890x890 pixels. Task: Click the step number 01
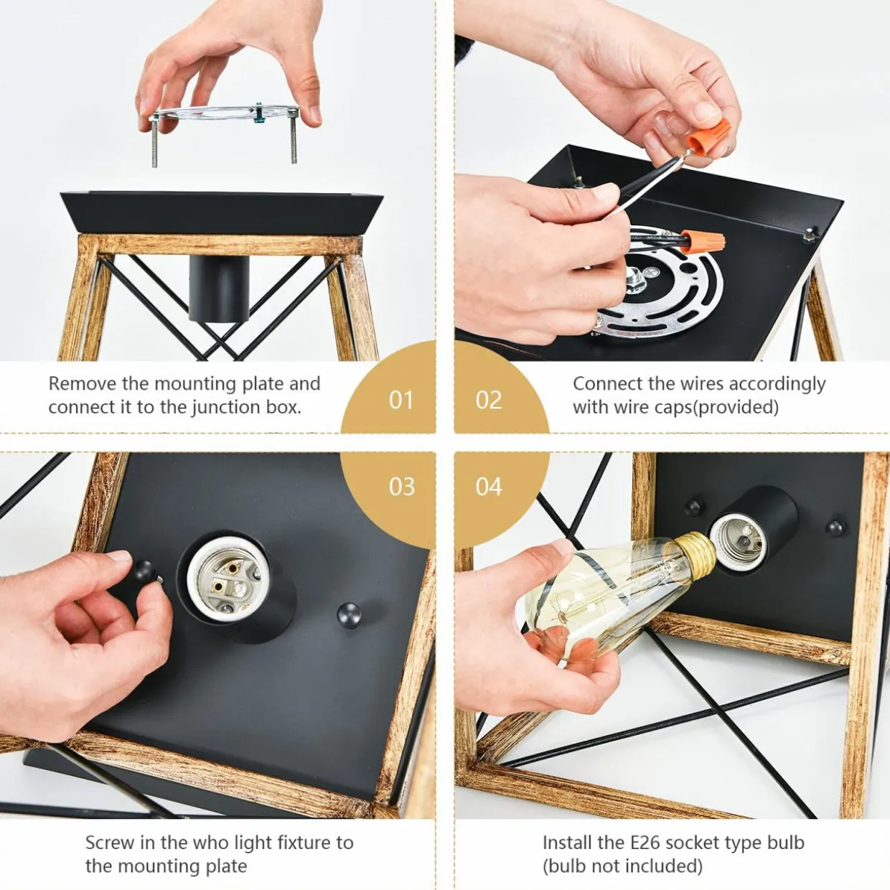400,400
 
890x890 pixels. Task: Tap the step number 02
488,400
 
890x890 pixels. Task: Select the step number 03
401,487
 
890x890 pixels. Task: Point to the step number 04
489,487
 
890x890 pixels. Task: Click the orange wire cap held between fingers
707,134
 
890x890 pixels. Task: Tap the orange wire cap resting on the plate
702,242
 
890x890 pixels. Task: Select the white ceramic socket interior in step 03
227,578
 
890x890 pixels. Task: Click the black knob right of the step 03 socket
349,615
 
